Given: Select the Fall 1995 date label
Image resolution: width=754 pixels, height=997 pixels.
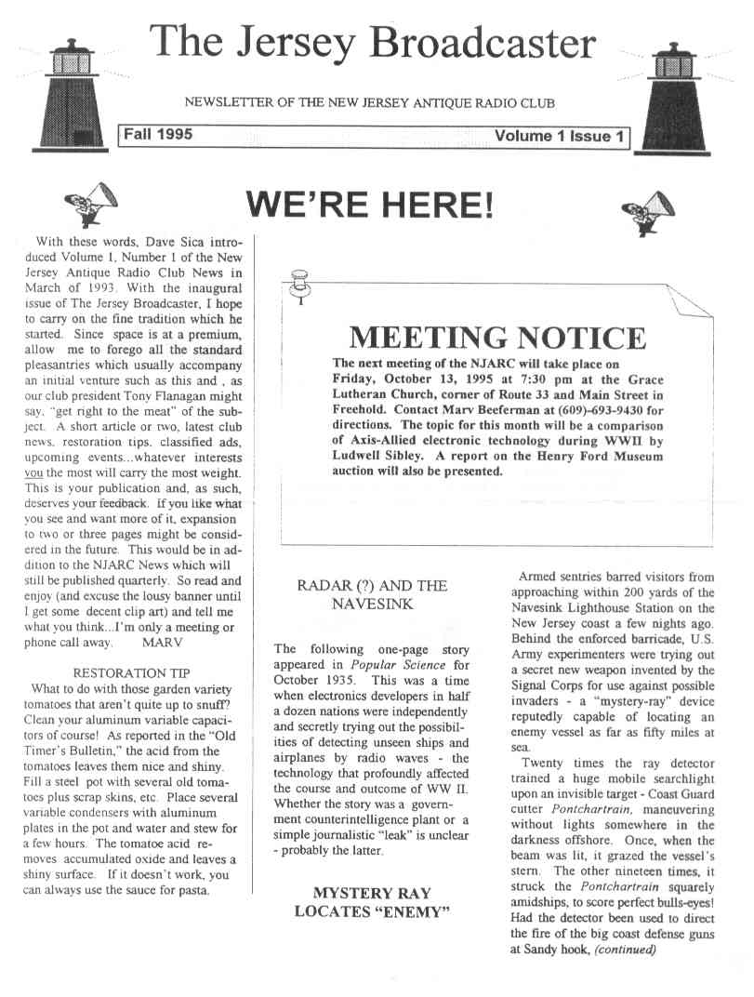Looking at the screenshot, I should tap(158, 135).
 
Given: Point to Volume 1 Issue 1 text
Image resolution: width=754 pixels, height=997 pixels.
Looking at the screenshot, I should tap(559, 137).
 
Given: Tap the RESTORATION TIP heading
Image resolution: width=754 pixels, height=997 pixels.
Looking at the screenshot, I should tap(126, 671).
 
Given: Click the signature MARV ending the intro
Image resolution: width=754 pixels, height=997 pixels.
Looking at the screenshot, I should tap(163, 641).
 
